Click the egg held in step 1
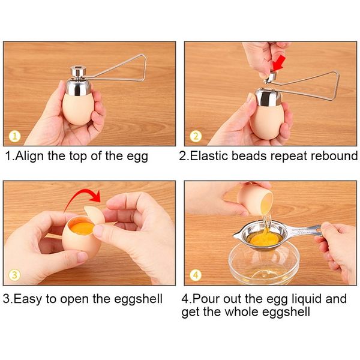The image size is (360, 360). coord(77,108)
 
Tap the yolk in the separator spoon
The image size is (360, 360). coord(263,238)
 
